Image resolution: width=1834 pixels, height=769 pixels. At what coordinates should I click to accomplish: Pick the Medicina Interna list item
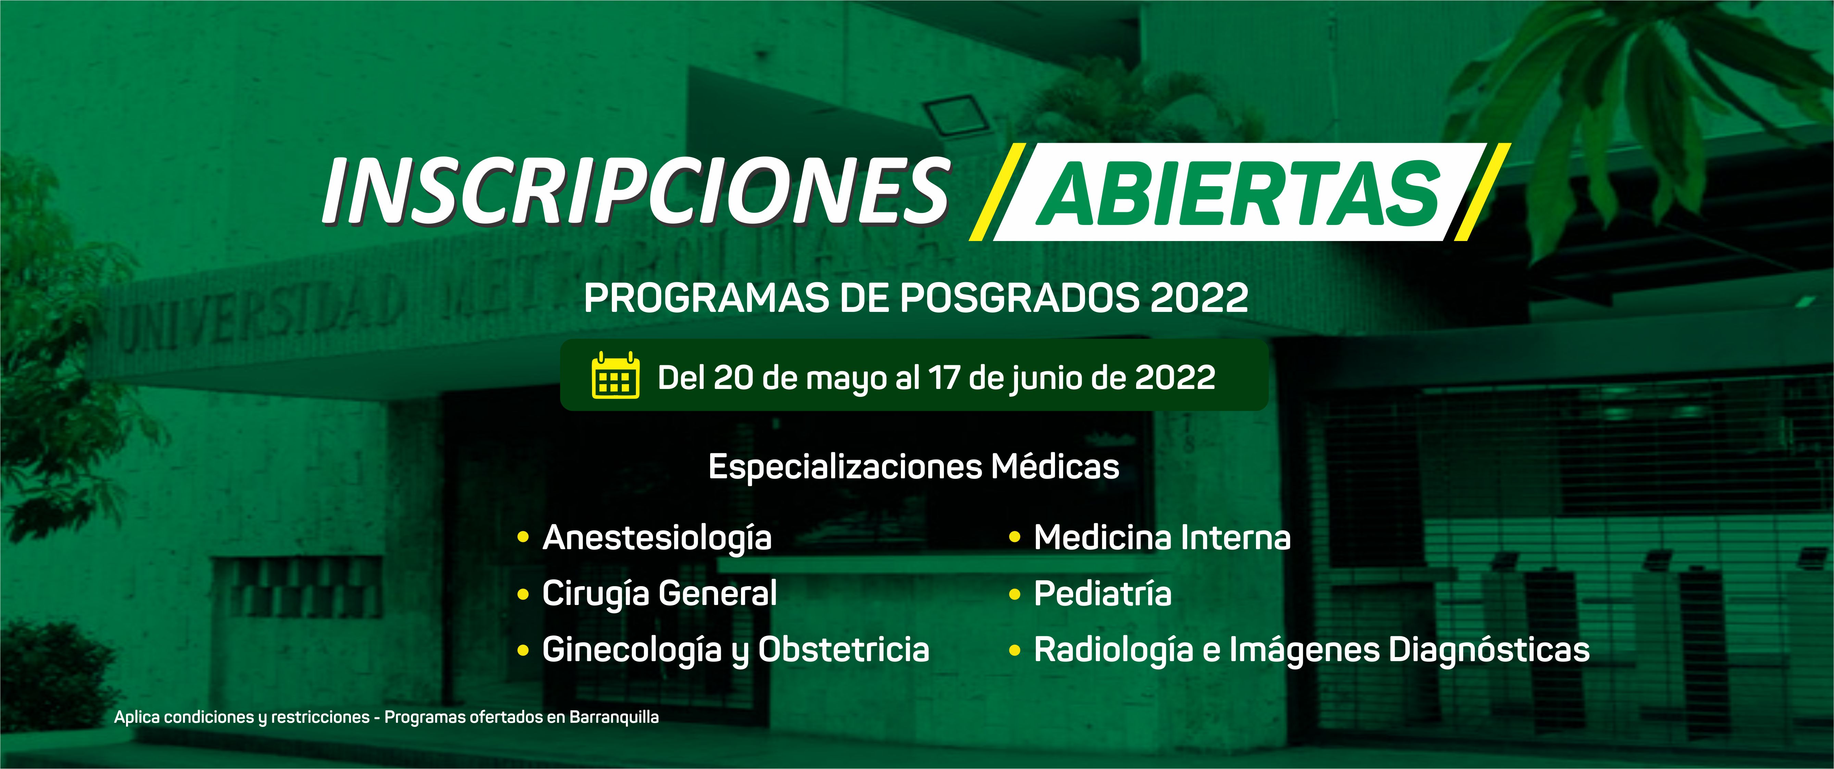(1162, 538)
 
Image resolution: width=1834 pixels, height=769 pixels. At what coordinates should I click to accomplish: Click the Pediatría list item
(1102, 594)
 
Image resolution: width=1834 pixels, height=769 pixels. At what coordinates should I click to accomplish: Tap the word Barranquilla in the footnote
(614, 718)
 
